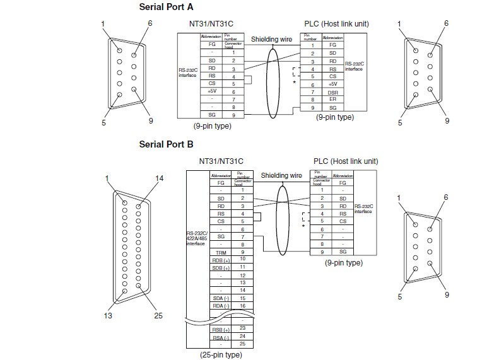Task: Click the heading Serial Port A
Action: [x=166, y=8]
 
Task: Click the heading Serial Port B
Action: [x=166, y=144]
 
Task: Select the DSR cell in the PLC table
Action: [x=332, y=91]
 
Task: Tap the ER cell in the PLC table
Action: [x=332, y=100]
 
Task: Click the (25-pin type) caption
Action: [x=216, y=355]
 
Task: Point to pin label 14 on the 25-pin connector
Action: [x=160, y=178]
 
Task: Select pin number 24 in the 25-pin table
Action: [x=241, y=336]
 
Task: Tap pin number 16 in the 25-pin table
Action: [x=241, y=305]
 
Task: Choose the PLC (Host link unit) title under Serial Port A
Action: [x=336, y=24]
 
